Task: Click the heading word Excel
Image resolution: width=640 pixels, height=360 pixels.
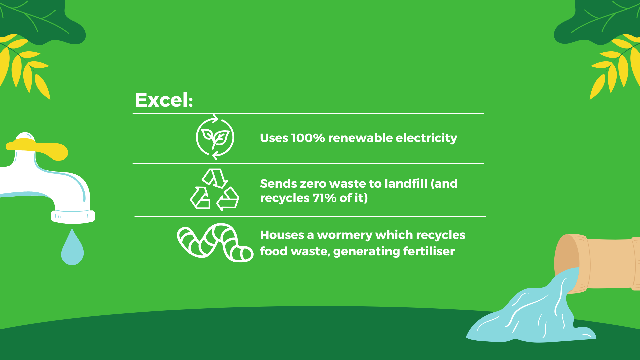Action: [x=163, y=100]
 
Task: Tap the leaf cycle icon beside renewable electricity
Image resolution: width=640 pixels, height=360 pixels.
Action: [x=215, y=137]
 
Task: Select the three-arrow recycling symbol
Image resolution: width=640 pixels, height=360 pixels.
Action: [x=215, y=190]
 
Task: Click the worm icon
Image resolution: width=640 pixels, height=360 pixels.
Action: [x=215, y=243]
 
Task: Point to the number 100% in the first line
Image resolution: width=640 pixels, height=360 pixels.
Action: [x=308, y=138]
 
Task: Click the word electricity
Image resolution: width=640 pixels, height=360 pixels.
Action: [x=426, y=138]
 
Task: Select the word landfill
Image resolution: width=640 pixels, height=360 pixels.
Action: [x=406, y=183]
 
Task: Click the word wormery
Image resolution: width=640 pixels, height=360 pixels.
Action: [x=344, y=235]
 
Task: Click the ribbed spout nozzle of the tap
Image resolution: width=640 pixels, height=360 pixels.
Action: [x=73, y=217]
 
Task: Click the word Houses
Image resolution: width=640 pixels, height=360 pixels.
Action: [x=282, y=235]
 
